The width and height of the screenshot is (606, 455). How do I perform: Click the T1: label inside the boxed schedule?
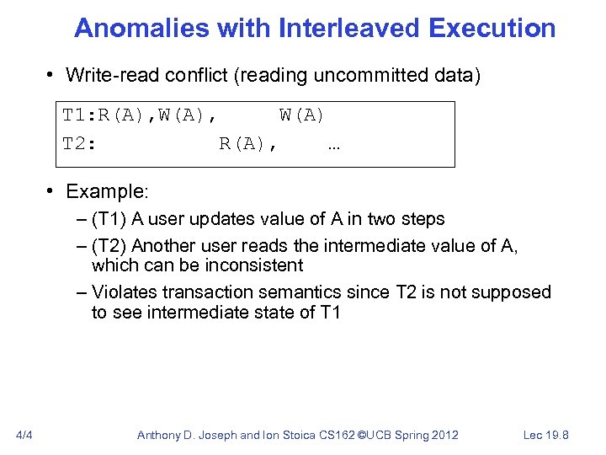tap(80, 115)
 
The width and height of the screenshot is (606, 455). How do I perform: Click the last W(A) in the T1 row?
tap(301, 115)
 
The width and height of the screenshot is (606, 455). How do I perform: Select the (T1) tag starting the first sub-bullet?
tap(109, 219)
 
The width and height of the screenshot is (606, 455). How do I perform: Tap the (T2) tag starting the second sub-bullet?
tap(109, 246)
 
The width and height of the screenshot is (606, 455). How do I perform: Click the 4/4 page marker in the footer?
tap(24, 435)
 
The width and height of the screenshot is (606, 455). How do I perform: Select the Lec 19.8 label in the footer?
tap(545, 435)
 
